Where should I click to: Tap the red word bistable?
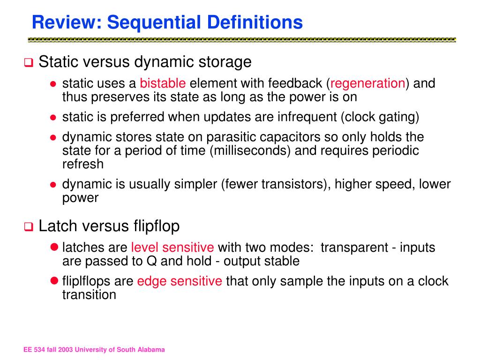[163, 83]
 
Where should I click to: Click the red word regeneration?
[368, 83]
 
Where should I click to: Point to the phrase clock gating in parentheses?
[380, 117]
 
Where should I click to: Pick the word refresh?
[82, 164]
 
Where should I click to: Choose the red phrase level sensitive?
[172, 247]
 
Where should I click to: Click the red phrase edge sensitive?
[180, 281]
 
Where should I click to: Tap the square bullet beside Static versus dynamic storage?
[28, 63]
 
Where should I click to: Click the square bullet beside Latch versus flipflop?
[28, 228]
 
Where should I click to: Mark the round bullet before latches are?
[53, 247]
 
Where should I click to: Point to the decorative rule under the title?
[241, 40]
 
